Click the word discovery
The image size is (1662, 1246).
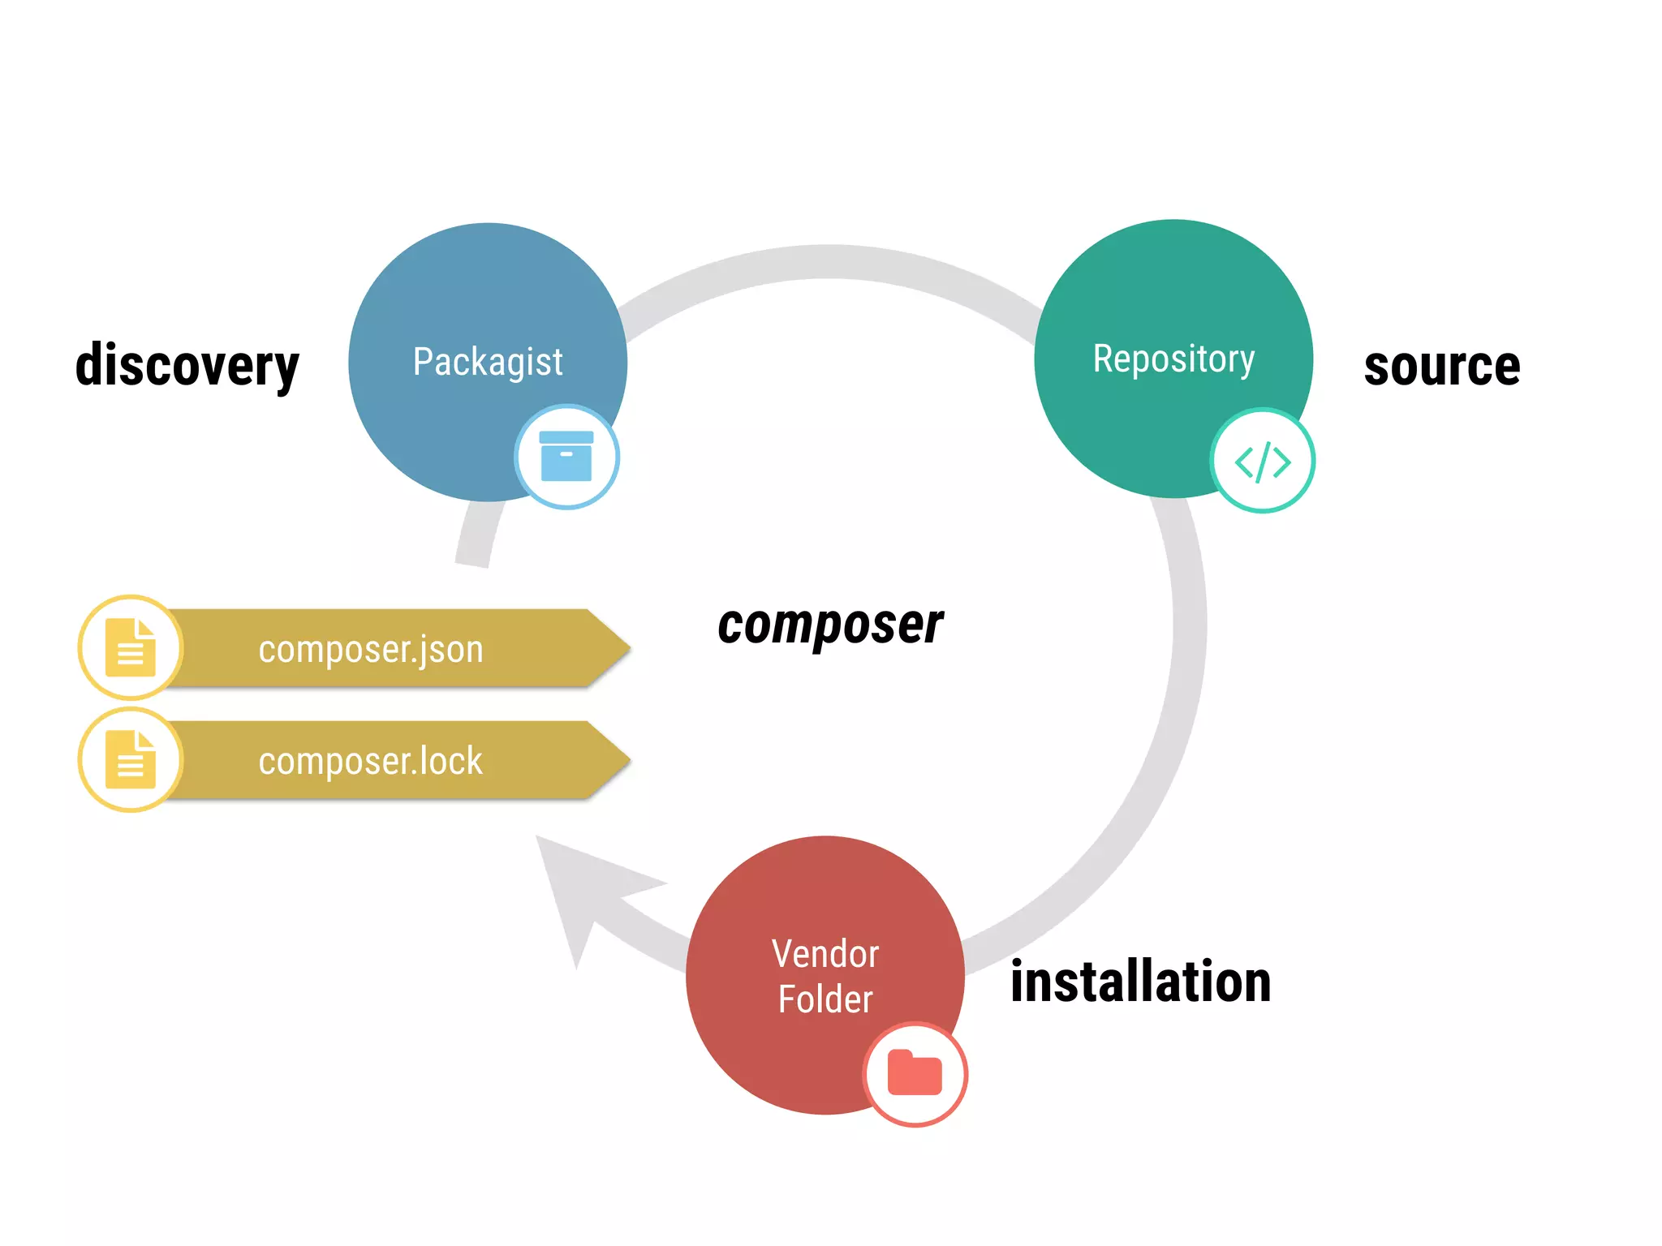pos(187,365)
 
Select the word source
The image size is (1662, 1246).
pos(1441,366)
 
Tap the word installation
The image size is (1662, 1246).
pos(1140,982)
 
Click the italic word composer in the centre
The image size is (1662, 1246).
pos(830,625)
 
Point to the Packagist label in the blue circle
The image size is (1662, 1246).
pos(488,361)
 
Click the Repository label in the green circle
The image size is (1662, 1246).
pos(1173,358)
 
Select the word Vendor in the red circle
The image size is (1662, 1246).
pos(825,954)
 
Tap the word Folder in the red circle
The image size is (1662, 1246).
pos(825,999)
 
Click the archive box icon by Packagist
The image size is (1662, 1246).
pos(566,457)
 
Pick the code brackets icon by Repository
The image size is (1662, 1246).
pos(1262,462)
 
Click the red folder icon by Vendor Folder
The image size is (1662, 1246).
pos(915,1073)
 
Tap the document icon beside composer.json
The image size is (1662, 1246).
pos(131,647)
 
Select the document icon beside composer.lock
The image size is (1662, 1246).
pos(131,759)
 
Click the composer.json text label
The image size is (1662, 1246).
pos(371,649)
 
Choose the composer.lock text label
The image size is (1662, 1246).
pos(371,761)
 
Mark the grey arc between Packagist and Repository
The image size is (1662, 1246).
pos(828,262)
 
